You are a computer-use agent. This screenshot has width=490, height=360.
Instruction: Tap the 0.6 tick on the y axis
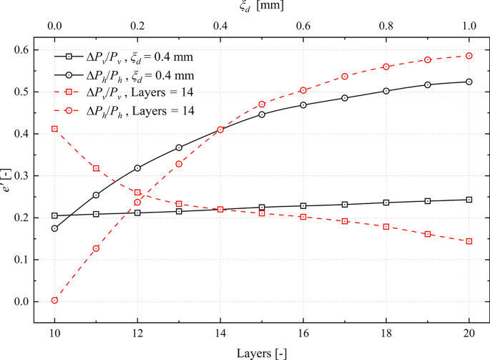(26, 50)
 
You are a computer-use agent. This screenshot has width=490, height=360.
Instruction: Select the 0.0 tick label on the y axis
(26, 301)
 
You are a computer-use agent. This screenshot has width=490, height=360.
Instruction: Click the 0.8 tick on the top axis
(386, 25)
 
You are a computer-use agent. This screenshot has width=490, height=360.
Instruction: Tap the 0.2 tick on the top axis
(137, 25)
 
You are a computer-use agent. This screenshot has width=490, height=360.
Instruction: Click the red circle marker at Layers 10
(54, 301)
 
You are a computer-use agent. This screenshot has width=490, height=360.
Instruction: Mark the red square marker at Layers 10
(54, 129)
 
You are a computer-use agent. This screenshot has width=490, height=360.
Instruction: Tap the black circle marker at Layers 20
(469, 82)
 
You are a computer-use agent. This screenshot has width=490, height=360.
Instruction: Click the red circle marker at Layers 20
(469, 56)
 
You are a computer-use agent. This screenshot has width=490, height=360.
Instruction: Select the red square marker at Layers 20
(469, 241)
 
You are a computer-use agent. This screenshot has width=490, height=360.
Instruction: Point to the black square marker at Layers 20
(469, 200)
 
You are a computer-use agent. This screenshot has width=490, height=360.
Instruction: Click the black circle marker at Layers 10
(54, 228)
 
